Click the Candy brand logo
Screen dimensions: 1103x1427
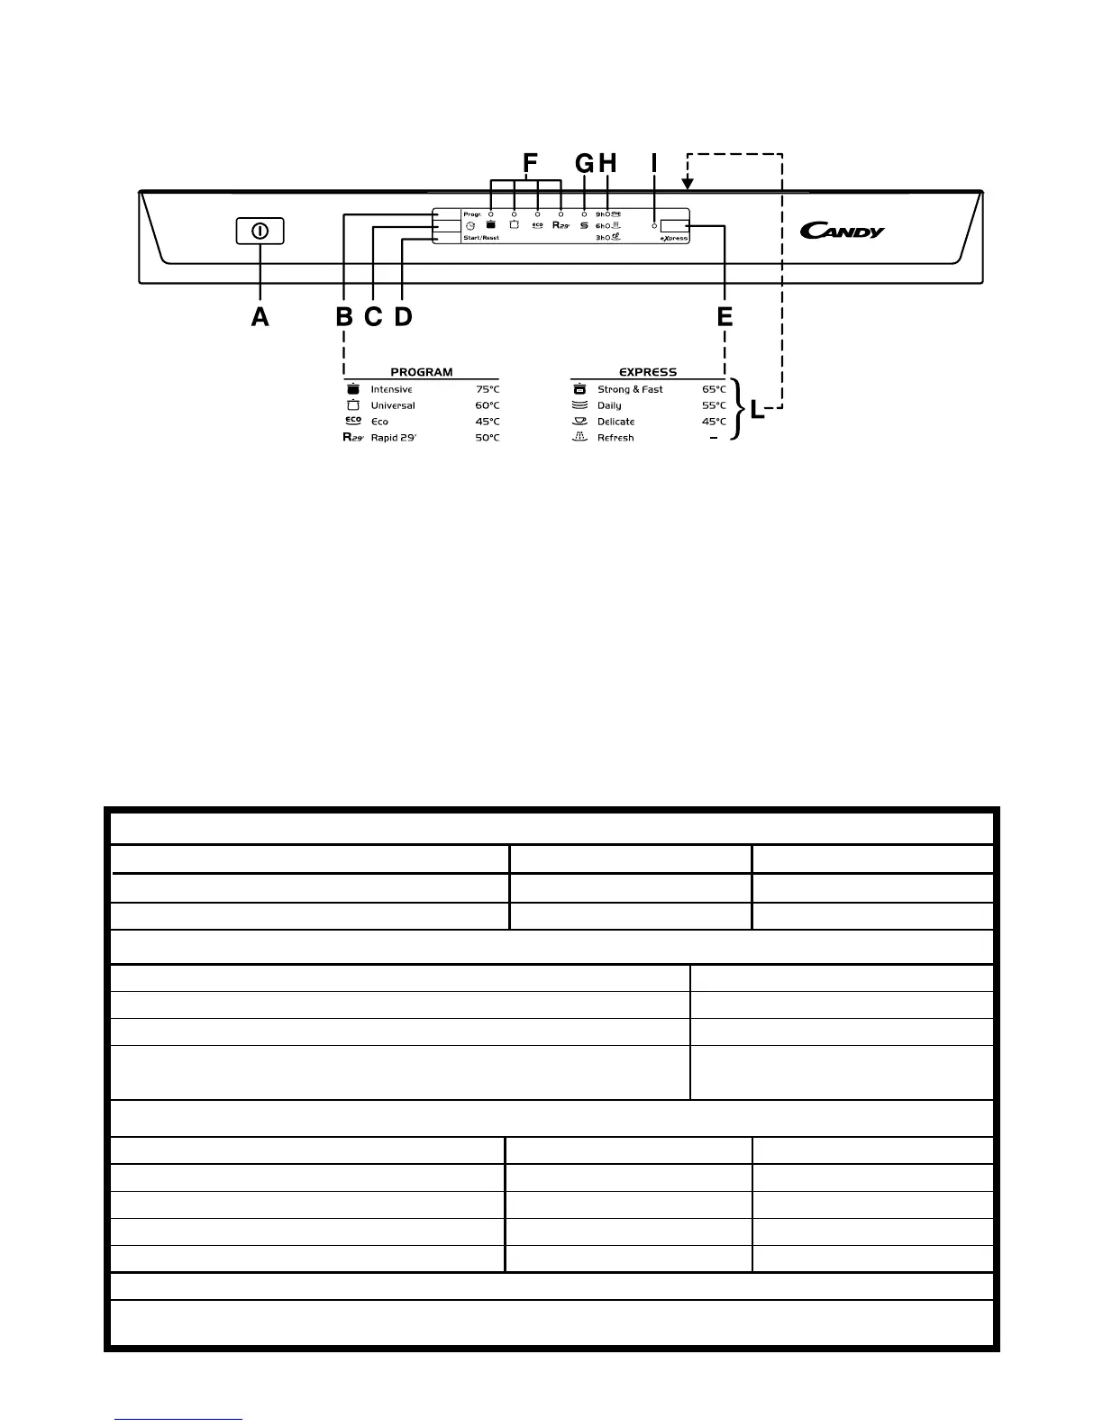842,232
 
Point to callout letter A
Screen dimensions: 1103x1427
260,317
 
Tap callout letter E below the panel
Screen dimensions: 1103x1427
725,317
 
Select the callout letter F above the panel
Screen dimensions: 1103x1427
530,163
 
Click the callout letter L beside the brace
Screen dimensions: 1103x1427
757,413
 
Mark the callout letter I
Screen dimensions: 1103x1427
654,163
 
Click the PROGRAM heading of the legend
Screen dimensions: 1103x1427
421,372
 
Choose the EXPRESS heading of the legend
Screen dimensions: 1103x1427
647,372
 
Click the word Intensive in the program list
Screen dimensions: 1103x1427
391,390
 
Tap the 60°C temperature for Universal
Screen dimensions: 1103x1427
487,406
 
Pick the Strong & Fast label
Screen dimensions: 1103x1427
630,390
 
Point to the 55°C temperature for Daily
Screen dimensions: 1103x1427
714,406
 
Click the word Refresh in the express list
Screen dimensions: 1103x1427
615,438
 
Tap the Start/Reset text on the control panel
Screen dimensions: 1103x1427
481,238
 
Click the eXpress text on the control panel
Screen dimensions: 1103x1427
673,239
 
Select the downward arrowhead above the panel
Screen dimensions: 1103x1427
688,185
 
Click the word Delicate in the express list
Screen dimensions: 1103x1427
615,422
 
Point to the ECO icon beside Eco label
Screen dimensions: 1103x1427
353,421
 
